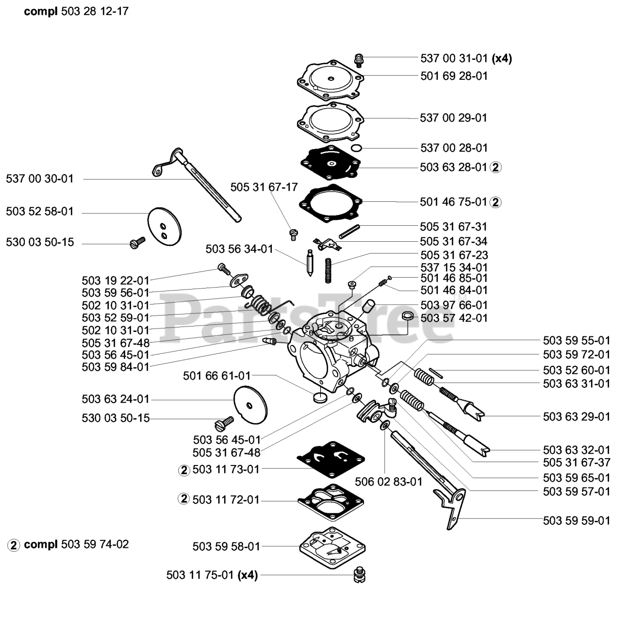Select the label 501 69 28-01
[x=454, y=76]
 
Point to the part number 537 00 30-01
[x=40, y=178]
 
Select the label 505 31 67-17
[x=264, y=187]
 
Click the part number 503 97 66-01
[x=454, y=305]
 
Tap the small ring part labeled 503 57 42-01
[x=408, y=316]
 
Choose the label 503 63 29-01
[x=576, y=416]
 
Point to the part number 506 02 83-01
[x=388, y=481]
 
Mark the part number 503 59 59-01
[x=576, y=520]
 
